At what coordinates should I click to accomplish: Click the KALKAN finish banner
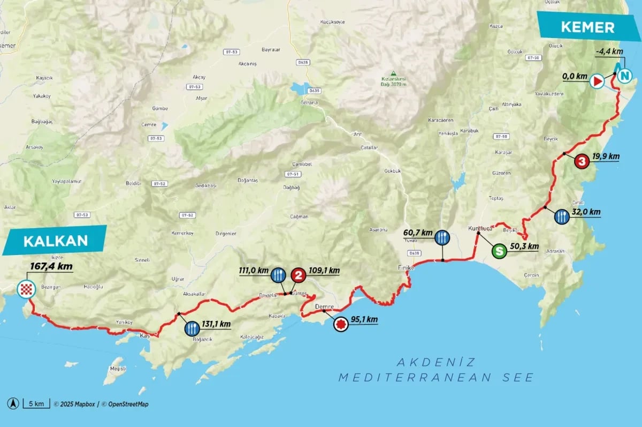(56, 241)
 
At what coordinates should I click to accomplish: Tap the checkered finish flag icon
(27, 290)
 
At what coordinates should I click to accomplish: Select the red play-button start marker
(597, 81)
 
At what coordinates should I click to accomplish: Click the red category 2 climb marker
(299, 275)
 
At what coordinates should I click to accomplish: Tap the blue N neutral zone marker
(624, 77)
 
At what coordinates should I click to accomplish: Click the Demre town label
(325, 306)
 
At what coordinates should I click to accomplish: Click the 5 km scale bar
(36, 404)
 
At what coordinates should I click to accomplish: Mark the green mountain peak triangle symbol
(393, 73)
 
